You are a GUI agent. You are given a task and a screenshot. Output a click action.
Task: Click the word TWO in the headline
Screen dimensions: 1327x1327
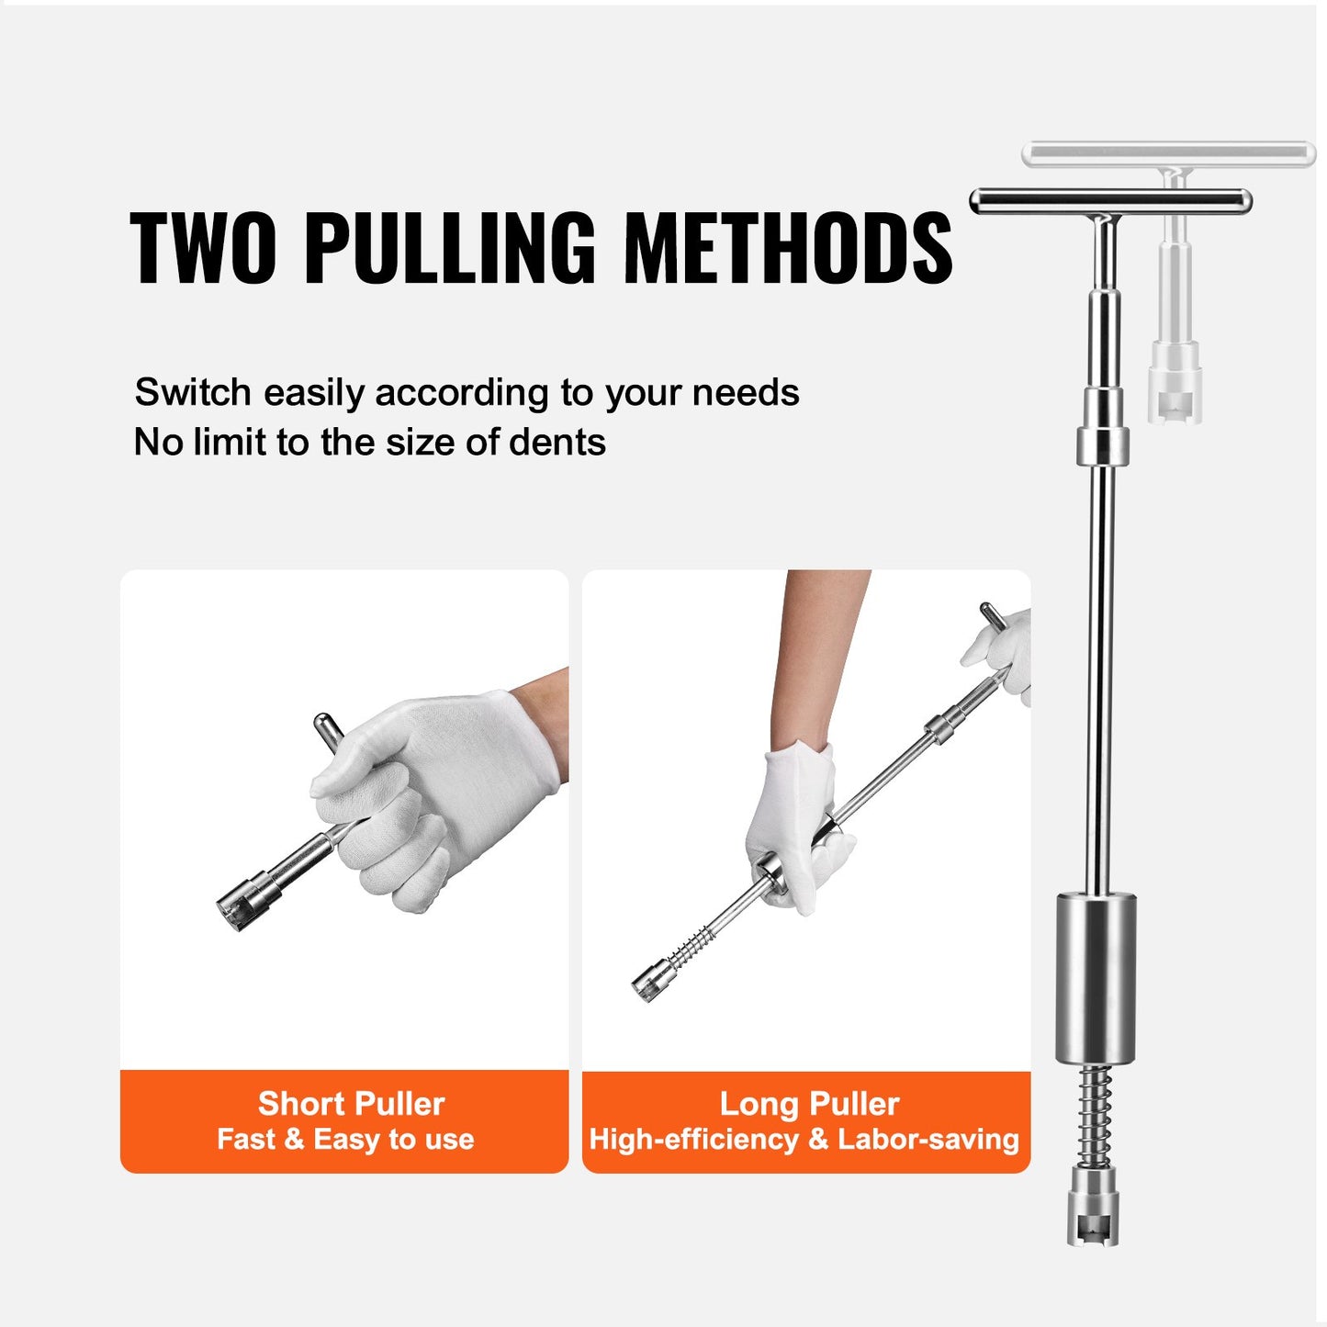click(x=202, y=248)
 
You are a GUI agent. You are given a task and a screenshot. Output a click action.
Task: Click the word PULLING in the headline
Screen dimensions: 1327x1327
click(x=449, y=248)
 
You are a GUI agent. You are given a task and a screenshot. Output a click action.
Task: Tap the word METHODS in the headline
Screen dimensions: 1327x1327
click(x=788, y=248)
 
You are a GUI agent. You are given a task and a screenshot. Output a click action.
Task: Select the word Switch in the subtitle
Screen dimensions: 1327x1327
click(x=193, y=393)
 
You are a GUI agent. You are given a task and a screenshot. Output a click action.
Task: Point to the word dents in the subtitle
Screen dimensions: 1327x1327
click(x=557, y=443)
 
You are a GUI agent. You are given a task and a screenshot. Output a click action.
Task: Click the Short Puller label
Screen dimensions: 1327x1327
click(x=351, y=1103)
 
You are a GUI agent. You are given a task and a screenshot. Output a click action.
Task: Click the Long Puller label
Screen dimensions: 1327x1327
click(x=809, y=1103)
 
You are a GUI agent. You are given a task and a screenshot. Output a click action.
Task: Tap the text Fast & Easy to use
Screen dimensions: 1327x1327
click(x=345, y=1140)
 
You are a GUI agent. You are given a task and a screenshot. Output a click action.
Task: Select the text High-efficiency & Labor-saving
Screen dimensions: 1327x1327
click(x=804, y=1140)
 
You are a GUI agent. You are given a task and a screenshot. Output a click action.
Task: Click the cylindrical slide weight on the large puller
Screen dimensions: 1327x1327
click(x=1096, y=978)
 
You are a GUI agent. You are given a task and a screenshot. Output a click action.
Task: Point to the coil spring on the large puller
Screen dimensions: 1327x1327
click(x=1093, y=1114)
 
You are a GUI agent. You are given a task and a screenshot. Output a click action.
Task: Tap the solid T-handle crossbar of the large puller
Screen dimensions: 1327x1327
click(x=1110, y=201)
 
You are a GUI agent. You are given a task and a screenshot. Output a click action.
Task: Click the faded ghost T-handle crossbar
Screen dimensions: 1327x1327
click(x=1169, y=153)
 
